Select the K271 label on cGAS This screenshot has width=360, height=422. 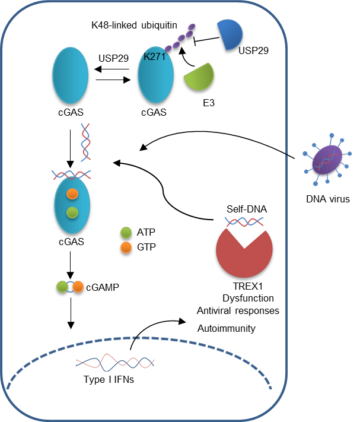coord(154,57)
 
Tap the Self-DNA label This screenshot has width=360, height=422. coord(243,210)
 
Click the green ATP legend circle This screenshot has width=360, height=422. coord(126,232)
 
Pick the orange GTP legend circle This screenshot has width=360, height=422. coord(126,246)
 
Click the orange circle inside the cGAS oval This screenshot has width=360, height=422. coord(72,193)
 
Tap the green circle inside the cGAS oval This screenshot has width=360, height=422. coord(71,212)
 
